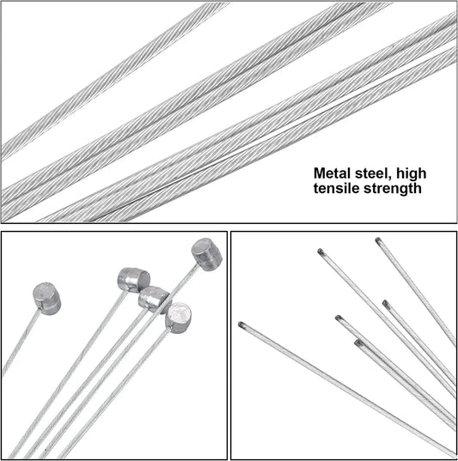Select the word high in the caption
click(412, 174)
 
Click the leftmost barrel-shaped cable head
click(46, 299)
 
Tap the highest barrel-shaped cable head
click(207, 254)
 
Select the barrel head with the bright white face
click(179, 318)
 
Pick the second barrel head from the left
click(134, 280)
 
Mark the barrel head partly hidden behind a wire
click(153, 300)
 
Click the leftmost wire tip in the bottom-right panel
click(241, 325)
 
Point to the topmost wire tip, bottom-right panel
click(379, 240)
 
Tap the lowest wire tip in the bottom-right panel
click(359, 343)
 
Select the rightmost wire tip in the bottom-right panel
click(386, 304)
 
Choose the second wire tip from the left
click(321, 252)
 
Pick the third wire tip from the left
click(339, 318)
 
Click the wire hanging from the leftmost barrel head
click(21, 343)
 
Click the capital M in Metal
click(319, 173)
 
